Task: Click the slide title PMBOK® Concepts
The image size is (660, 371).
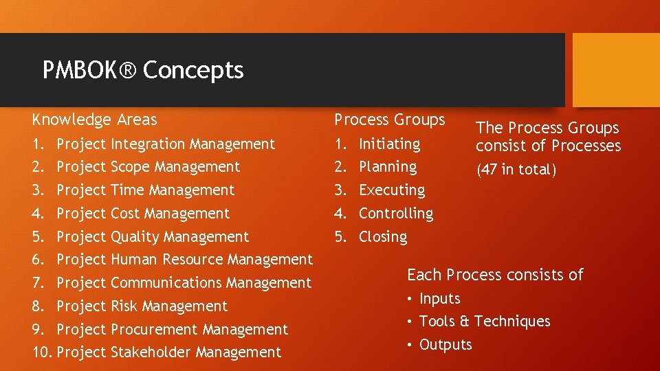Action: point(143,70)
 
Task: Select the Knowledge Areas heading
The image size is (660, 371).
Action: point(94,120)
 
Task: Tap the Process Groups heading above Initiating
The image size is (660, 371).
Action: point(390,120)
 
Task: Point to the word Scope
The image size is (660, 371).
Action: point(129,167)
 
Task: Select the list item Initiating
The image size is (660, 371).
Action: point(389,144)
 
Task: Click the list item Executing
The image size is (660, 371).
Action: point(392,190)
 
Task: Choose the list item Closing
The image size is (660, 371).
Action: point(383,237)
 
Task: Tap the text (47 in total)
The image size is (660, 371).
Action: point(516,170)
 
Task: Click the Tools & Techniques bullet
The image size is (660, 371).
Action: point(485,322)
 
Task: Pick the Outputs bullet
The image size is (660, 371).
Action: point(445,345)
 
